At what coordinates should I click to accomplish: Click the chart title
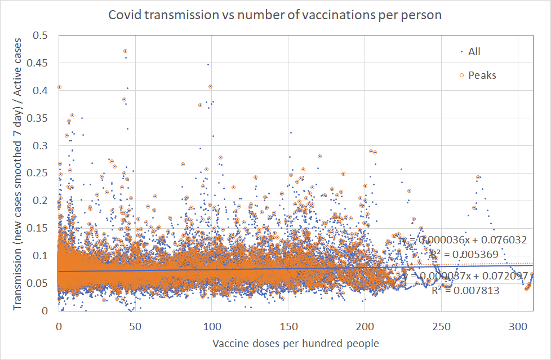click(x=275, y=15)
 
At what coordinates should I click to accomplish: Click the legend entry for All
click(x=474, y=52)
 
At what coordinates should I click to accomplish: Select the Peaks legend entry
click(x=482, y=75)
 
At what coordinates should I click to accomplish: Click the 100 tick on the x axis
click(x=211, y=328)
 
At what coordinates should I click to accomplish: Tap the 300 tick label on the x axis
click(x=517, y=328)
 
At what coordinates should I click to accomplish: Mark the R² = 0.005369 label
click(x=463, y=255)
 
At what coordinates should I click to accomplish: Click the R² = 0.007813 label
click(x=465, y=291)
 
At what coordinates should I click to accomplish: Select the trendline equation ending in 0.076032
click(x=464, y=240)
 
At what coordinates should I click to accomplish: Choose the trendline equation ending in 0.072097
click(x=465, y=276)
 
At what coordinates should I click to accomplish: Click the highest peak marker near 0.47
click(x=125, y=51)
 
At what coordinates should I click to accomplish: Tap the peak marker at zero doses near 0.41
click(x=59, y=87)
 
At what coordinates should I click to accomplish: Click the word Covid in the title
click(x=123, y=15)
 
